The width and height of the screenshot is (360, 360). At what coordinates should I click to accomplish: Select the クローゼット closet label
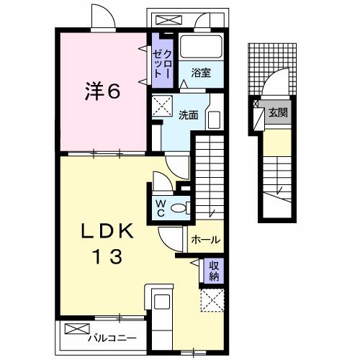coord(161,63)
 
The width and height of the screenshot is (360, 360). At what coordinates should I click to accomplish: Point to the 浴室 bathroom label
coord(201,72)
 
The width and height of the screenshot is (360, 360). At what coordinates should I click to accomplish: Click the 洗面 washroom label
coord(189,114)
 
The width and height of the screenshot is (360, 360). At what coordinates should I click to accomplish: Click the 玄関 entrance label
coord(279,113)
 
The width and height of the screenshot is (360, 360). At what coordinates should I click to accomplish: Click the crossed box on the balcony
coord(74,329)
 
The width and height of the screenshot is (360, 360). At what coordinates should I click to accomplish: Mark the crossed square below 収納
coord(213,299)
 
